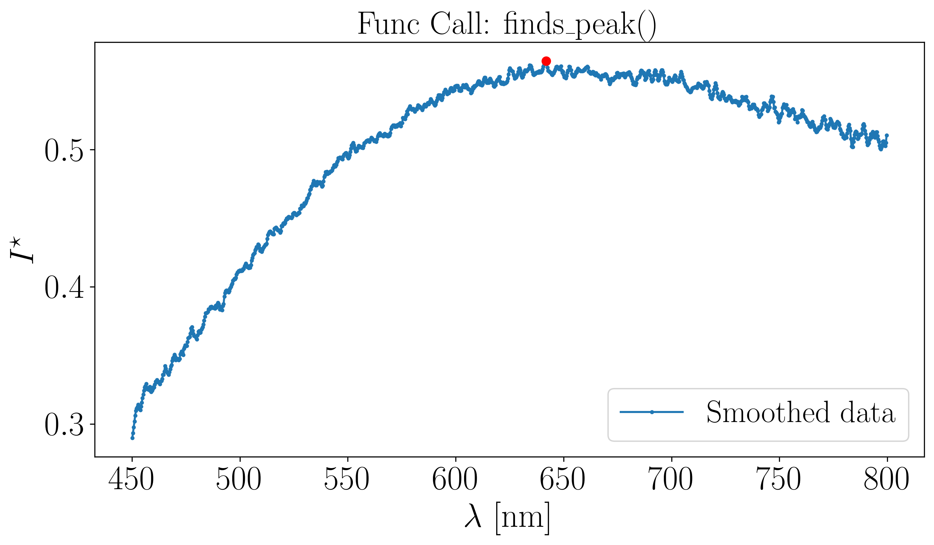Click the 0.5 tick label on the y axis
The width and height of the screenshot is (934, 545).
coord(64,151)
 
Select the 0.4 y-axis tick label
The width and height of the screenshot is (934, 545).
coord(64,288)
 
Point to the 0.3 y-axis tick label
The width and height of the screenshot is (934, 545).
coord(64,425)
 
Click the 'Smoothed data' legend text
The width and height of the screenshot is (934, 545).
coord(801,412)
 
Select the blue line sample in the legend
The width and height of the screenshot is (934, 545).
coord(652,412)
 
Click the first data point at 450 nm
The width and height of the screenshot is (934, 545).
coord(132,438)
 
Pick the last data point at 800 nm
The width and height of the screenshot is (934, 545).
coord(887,135)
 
